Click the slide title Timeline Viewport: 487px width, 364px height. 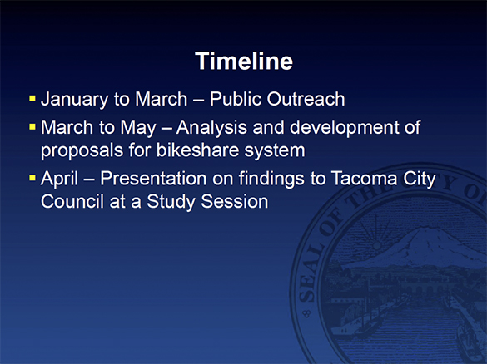click(244, 61)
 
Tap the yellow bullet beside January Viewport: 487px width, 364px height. click(32, 99)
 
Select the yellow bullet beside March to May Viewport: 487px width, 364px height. click(32, 127)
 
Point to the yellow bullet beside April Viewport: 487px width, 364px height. click(32, 178)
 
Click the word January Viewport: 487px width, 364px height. click(75, 100)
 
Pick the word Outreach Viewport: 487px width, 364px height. click(306, 99)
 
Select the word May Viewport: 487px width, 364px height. click(138, 128)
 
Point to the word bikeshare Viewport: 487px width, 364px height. click(197, 150)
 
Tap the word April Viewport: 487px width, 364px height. click(59, 179)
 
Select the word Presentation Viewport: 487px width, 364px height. click(153, 179)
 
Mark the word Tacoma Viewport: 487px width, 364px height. click(365, 179)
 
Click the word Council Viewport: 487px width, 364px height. click(72, 201)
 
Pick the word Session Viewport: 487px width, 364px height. click(235, 201)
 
